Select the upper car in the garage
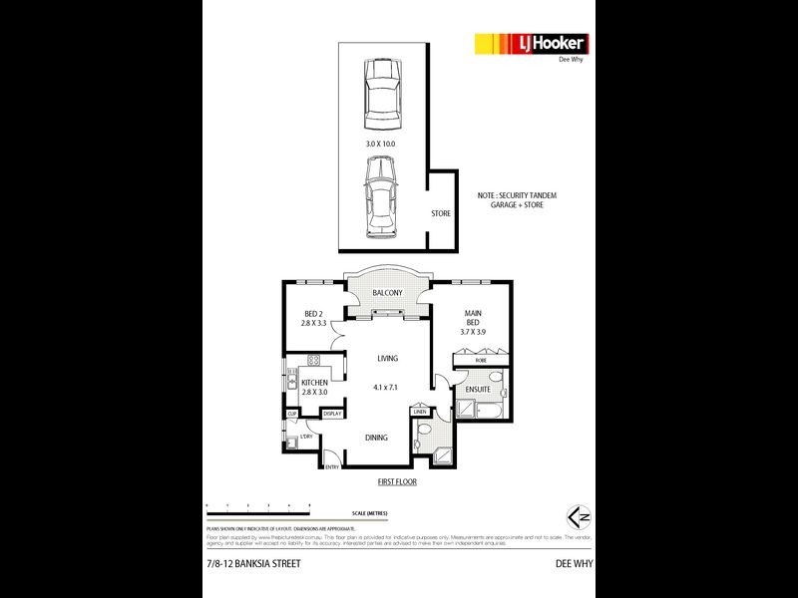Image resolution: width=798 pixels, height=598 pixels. [x=382, y=95]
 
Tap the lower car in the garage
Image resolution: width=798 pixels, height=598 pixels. [x=381, y=199]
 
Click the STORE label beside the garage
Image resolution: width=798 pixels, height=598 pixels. [x=440, y=213]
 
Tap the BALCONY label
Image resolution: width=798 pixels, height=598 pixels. [x=387, y=293]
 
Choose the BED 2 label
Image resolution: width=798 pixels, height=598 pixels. [x=314, y=314]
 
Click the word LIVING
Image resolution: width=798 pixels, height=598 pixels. [x=387, y=359]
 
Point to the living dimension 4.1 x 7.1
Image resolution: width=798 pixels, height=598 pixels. [x=384, y=388]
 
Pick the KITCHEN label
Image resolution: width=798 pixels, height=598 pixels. [x=315, y=383]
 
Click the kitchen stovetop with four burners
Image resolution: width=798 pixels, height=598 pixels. [x=313, y=360]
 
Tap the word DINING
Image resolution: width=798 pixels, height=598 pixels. [x=376, y=438]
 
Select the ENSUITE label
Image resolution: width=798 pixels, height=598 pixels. [x=477, y=388]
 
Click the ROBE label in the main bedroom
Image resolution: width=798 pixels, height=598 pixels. [x=467, y=359]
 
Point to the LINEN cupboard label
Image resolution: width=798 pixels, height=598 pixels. [x=420, y=412]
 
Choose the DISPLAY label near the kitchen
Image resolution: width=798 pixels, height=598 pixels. [x=332, y=414]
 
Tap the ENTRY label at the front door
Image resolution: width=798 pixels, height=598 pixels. [x=332, y=466]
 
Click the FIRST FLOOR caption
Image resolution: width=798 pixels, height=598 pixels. [x=397, y=481]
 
